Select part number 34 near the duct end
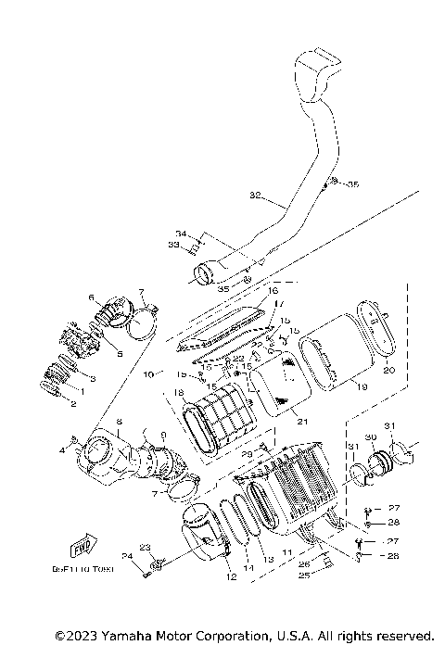point(182,233)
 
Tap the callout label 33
point(173,244)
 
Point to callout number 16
point(273,291)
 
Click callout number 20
point(389,369)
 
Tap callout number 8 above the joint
point(120,422)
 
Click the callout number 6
point(92,297)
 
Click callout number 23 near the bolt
point(145,547)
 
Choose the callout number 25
point(302,575)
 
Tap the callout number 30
point(370,436)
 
